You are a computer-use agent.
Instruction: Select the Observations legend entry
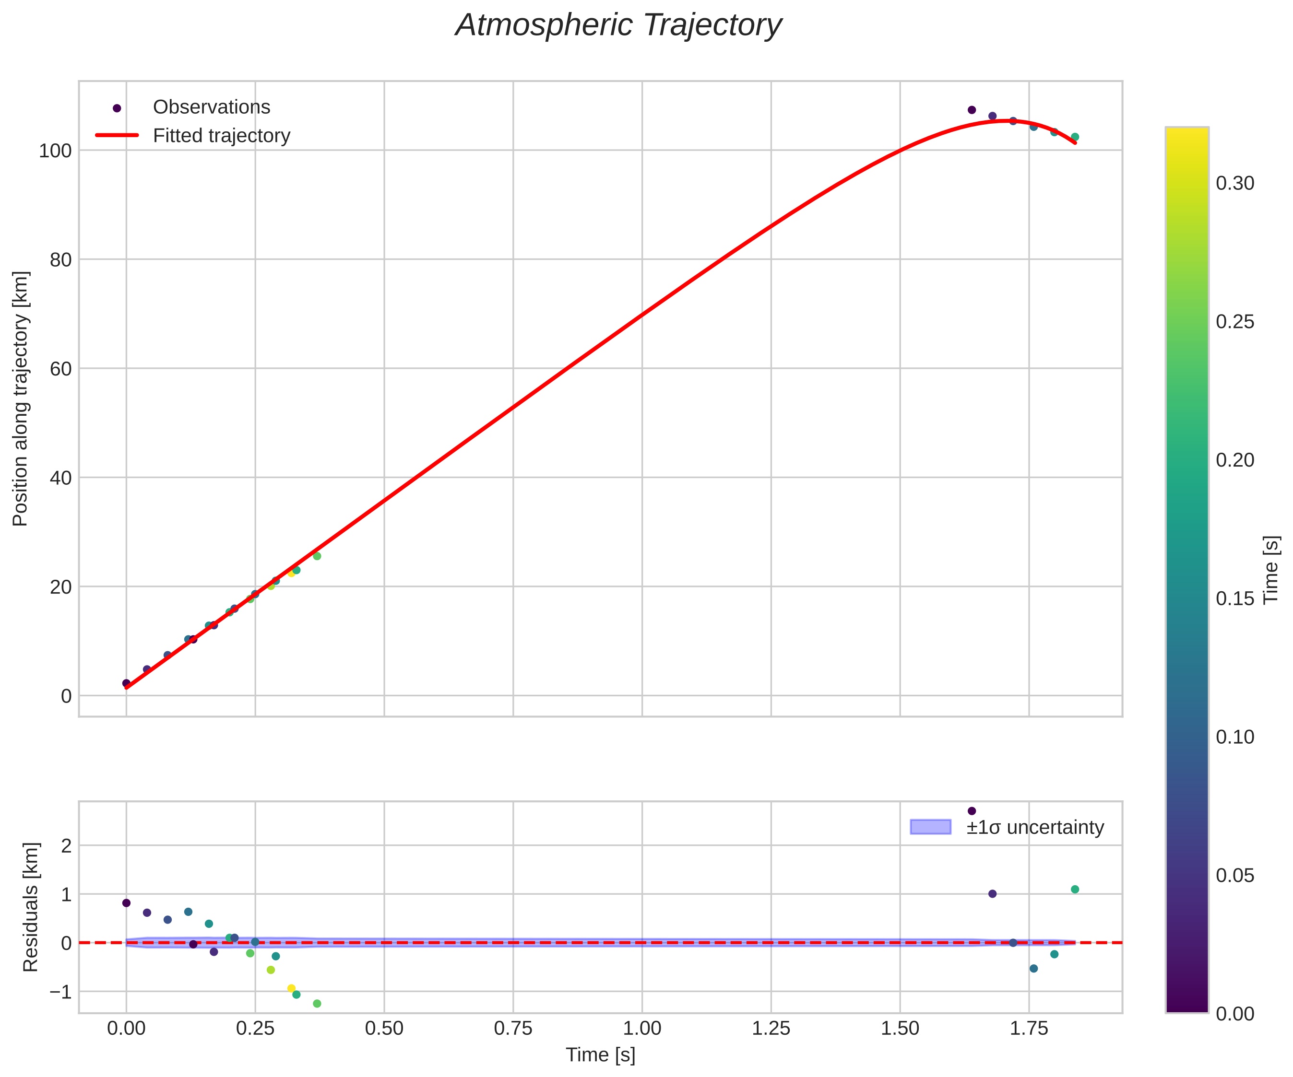coord(211,107)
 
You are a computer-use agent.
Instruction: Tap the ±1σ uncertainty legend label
coord(1035,827)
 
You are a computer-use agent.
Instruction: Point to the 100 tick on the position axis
coord(56,151)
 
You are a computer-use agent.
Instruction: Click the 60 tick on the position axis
coord(60,369)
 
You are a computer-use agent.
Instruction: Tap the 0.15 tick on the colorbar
coord(1235,599)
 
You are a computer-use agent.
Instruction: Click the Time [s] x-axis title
coord(600,1055)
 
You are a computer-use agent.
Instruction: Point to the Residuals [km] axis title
coord(31,907)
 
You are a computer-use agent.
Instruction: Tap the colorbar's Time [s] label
coord(1271,570)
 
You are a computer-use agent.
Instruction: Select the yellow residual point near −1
coord(291,988)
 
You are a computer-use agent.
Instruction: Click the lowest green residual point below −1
coord(317,1004)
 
